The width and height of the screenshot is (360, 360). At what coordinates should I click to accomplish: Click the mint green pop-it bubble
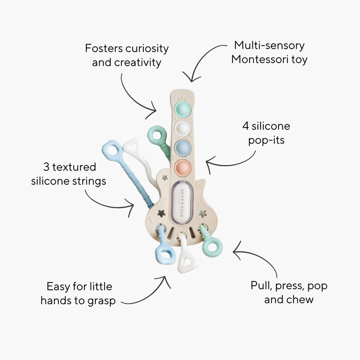pyautogui.click(x=182, y=110)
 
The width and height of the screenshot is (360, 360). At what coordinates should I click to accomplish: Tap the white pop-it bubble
pyautogui.click(x=182, y=128)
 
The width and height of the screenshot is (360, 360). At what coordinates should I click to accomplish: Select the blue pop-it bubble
pyautogui.click(x=182, y=147)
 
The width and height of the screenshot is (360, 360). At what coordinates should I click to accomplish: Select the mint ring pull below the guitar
pyautogui.click(x=212, y=246)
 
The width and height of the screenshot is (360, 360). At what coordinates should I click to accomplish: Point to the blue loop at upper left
pyautogui.click(x=112, y=151)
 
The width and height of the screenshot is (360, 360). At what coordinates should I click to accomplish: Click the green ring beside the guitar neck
pyautogui.click(x=157, y=135)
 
